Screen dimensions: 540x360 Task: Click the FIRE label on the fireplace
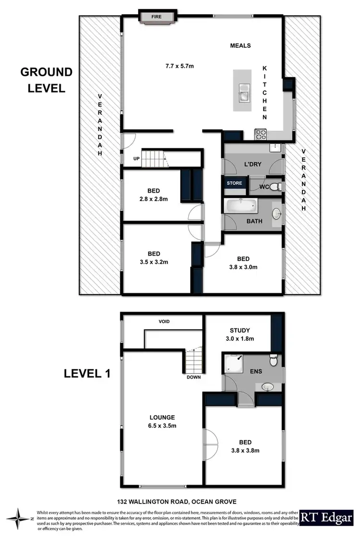[156, 17]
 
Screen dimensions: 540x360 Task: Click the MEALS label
[240, 46]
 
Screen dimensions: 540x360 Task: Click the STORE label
[235, 182]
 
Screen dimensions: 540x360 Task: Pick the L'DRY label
[252, 165]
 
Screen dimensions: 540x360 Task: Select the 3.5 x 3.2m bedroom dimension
[154, 262]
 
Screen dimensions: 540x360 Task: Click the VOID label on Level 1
[165, 321]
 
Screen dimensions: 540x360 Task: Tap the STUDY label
[240, 330]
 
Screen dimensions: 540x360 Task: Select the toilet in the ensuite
[273, 360]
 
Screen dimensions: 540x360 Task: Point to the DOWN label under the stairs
[193, 377]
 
